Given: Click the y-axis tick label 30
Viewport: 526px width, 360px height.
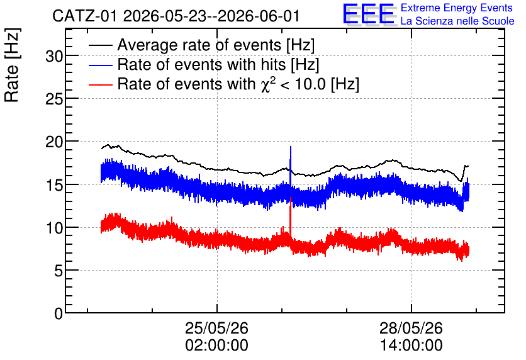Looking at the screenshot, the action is tap(54, 57).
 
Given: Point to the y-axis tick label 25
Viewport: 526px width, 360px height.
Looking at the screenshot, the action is tap(54, 99).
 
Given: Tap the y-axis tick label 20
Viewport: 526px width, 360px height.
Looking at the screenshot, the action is tap(54, 142).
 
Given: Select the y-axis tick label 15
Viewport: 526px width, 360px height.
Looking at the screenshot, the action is tap(54, 185).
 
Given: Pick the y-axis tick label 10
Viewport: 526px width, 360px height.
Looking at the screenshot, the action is tap(54, 228).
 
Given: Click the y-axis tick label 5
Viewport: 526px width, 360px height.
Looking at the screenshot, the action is tap(59, 271).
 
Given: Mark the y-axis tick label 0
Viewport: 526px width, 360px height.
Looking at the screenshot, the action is tap(59, 314).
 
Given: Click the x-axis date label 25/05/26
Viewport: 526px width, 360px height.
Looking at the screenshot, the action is tap(216, 328).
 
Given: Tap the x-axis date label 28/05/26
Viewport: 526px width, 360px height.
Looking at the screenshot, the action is tap(411, 328).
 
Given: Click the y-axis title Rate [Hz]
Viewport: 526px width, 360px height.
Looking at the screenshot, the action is tap(12, 65).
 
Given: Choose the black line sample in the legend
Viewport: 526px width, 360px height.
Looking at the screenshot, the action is tap(101, 45).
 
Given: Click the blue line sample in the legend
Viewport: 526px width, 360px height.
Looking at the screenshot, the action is tap(101, 65).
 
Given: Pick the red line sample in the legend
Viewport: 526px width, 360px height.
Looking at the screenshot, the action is tap(101, 84).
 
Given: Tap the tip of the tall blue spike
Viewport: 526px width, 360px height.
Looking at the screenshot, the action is tap(291, 147).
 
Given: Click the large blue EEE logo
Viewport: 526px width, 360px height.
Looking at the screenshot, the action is tap(369, 14).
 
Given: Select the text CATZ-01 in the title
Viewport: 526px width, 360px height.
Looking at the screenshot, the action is tap(85, 16).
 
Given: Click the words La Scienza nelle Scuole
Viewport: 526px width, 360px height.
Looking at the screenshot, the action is tap(457, 21).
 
